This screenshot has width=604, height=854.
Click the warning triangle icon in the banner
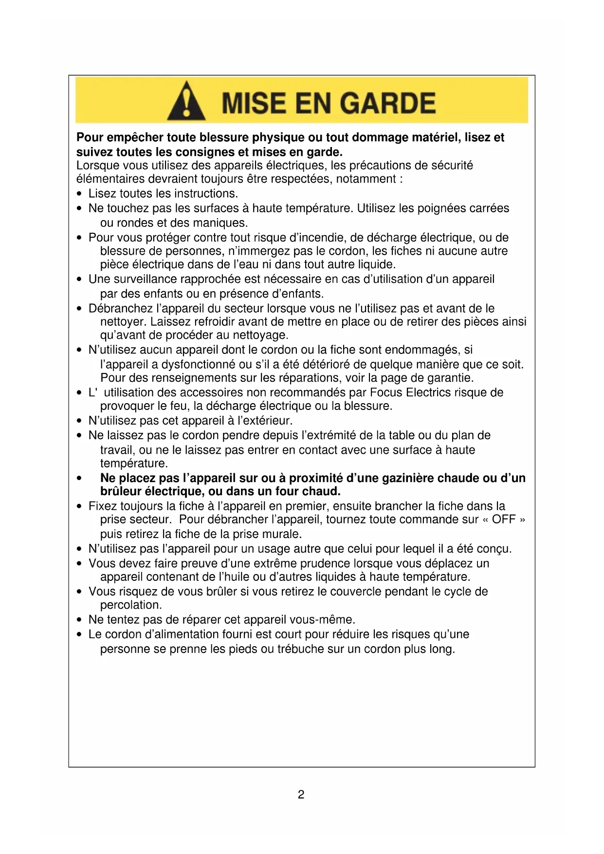click(186, 102)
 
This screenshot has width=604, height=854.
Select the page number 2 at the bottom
click(301, 795)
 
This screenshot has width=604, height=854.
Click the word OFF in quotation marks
click(504, 520)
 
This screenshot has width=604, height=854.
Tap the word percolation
click(130, 605)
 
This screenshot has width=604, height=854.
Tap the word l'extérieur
click(263, 421)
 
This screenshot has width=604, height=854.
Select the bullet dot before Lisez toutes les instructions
click(80, 194)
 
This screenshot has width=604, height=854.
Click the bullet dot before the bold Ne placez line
click(80, 478)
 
